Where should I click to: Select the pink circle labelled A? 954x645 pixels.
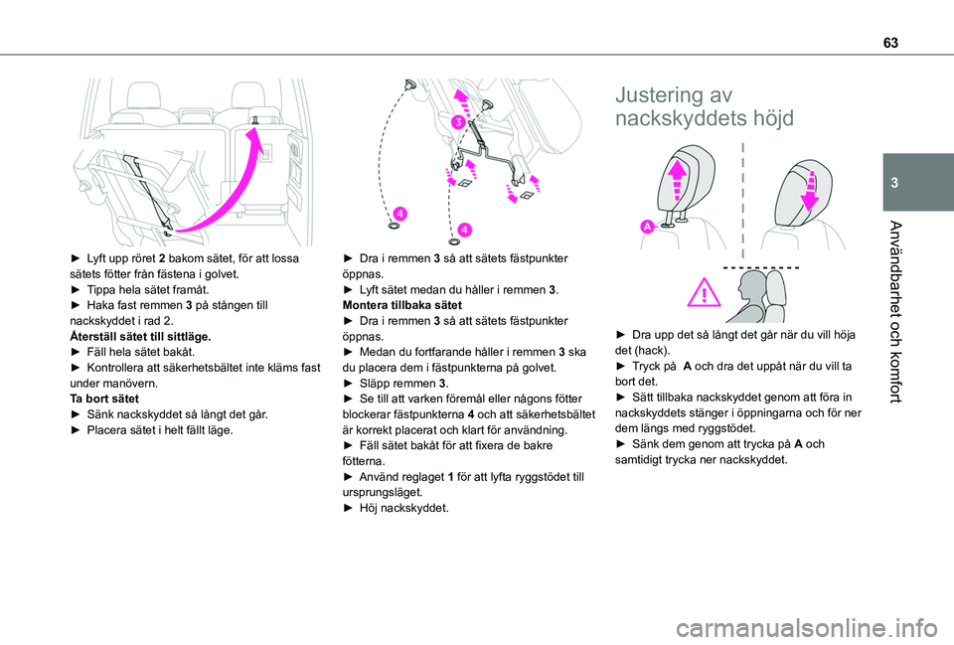(647, 227)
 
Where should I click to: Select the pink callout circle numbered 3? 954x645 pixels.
(459, 121)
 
